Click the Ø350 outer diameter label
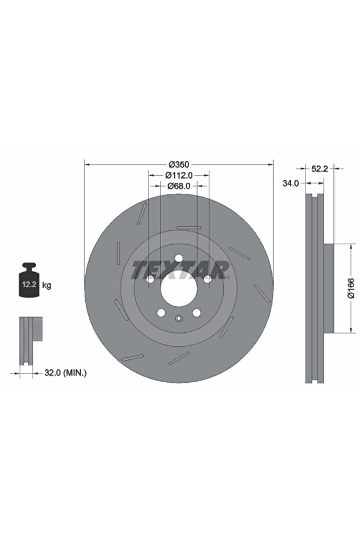179,165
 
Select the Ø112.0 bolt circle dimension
179,175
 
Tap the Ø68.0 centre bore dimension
179,186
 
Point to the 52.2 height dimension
320,169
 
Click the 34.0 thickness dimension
291,183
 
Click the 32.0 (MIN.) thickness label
66,372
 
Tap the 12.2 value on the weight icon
29,284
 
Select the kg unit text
46,285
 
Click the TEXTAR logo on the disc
180,270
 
